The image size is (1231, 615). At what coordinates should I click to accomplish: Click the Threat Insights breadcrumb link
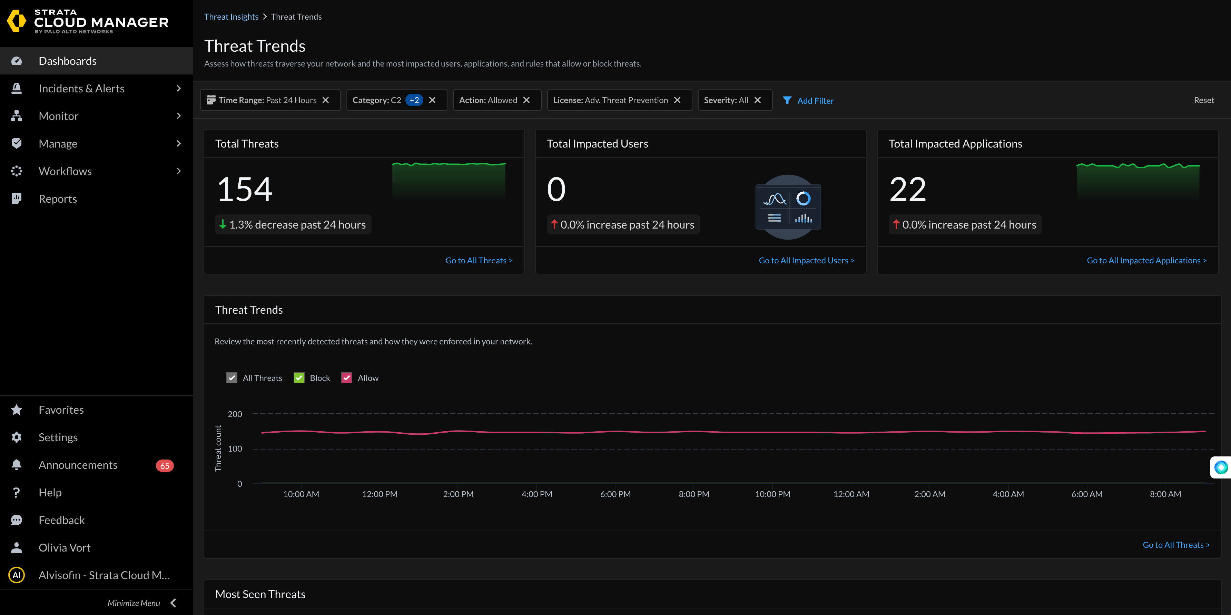pyautogui.click(x=231, y=17)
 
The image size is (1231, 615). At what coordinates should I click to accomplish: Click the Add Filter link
pyautogui.click(x=815, y=101)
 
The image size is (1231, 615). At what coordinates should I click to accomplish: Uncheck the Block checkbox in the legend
pyautogui.click(x=299, y=378)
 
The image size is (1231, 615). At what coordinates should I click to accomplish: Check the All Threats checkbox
pyautogui.click(x=232, y=378)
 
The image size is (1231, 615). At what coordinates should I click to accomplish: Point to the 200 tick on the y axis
pyautogui.click(x=235, y=414)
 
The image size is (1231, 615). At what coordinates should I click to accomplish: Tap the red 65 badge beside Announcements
pyautogui.click(x=164, y=465)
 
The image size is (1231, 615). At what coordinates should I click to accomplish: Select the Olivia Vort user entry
pyautogui.click(x=65, y=548)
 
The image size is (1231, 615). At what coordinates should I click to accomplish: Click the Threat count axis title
pyautogui.click(x=218, y=448)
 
